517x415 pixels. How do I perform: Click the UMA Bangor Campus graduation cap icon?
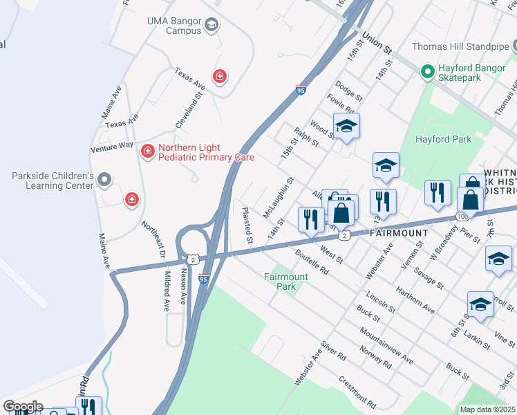211,26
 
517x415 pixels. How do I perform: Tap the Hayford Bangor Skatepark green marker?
428,71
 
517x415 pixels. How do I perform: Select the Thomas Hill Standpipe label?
460,47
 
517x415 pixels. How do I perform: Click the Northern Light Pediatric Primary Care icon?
147,150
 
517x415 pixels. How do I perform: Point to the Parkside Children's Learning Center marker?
104,181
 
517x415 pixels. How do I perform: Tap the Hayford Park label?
443,139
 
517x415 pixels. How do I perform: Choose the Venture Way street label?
111,147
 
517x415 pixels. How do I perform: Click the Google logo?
22,406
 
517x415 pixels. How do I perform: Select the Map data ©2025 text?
487,409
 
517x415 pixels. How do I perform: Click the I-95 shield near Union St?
300,89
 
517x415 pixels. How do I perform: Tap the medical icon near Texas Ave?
220,76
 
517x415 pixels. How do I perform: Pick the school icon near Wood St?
346,126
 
